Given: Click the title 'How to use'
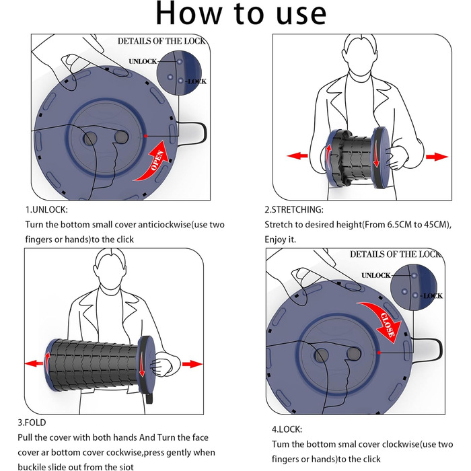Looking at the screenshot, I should click(240, 15).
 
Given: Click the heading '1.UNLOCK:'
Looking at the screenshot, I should click(48, 209).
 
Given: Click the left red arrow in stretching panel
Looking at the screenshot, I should click(297, 156).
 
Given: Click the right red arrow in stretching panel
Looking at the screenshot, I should click(437, 156).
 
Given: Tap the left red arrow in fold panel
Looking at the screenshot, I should click(35, 363).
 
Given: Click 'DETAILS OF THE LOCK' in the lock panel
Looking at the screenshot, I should click(394, 254).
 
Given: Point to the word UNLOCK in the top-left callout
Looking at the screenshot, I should click(142, 61).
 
